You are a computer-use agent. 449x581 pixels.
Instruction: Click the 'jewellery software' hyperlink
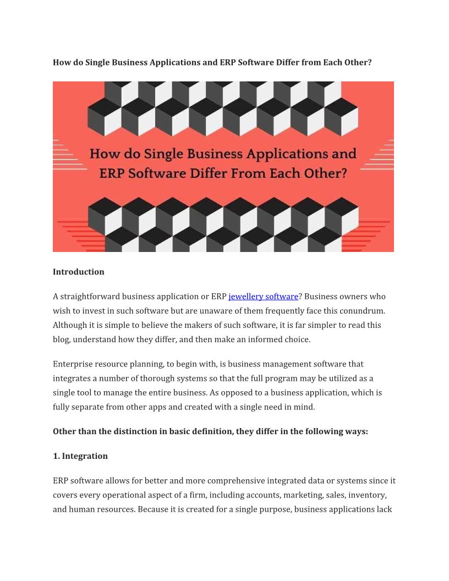click(x=263, y=297)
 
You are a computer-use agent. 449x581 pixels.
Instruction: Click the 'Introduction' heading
click(x=78, y=272)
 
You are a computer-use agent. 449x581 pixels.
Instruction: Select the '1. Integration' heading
click(x=80, y=456)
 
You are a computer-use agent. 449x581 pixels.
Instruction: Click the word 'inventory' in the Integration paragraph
click(x=366, y=495)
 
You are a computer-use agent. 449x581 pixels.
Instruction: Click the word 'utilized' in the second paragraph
click(x=344, y=379)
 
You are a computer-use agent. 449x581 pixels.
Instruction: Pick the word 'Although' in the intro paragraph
click(x=70, y=325)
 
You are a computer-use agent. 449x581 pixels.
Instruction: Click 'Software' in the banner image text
click(x=158, y=173)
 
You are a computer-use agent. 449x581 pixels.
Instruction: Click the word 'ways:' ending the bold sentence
click(x=356, y=431)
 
